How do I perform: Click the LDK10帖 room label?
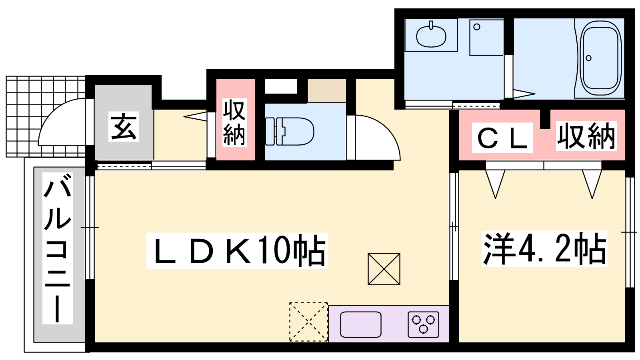click(237, 250)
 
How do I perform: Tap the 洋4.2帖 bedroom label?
click(544, 248)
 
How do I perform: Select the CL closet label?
click(502, 138)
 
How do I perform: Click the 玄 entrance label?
click(124, 126)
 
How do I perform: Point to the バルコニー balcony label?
click(58, 248)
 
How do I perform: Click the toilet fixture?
click(290, 132)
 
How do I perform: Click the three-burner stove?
click(424, 324)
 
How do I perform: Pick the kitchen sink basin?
click(361, 324)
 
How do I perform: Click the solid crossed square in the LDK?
click(384, 269)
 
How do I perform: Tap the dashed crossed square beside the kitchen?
click(308, 322)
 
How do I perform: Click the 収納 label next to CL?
click(586, 136)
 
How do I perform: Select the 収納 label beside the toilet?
click(234, 122)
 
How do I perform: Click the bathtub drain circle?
click(588, 58)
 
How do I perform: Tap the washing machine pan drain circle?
click(476, 27)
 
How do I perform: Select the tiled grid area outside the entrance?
click(46, 116)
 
